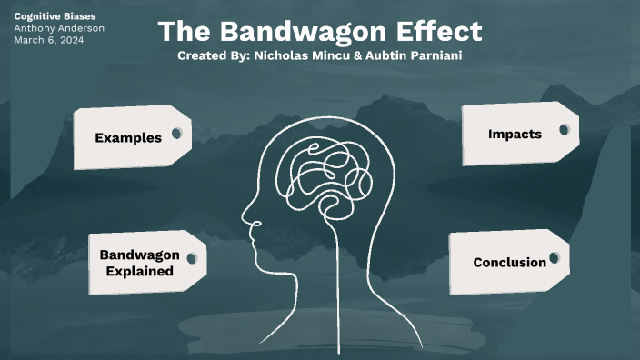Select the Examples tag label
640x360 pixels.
click(128, 138)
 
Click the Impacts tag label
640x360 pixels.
click(515, 134)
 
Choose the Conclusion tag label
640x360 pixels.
click(509, 263)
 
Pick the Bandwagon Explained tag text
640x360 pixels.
click(139, 263)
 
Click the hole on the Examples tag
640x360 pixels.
click(177, 134)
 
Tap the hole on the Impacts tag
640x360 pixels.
click(565, 130)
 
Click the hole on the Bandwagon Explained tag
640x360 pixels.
click(192, 258)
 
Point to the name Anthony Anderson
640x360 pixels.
click(59, 28)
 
